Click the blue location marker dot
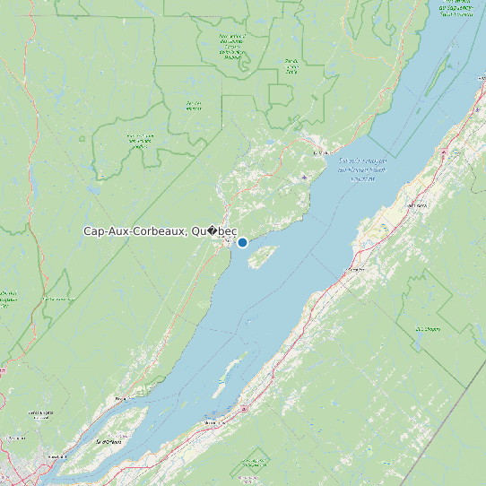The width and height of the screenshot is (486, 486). click(242, 242)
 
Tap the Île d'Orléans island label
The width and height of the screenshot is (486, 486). click(108, 441)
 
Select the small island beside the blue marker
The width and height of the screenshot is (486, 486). click(260, 257)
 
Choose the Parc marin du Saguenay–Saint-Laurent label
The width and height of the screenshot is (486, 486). click(457, 7)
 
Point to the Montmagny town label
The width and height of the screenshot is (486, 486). click(212, 420)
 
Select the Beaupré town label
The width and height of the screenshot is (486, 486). click(121, 396)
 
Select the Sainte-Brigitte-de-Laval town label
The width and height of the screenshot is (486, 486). click(39, 414)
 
